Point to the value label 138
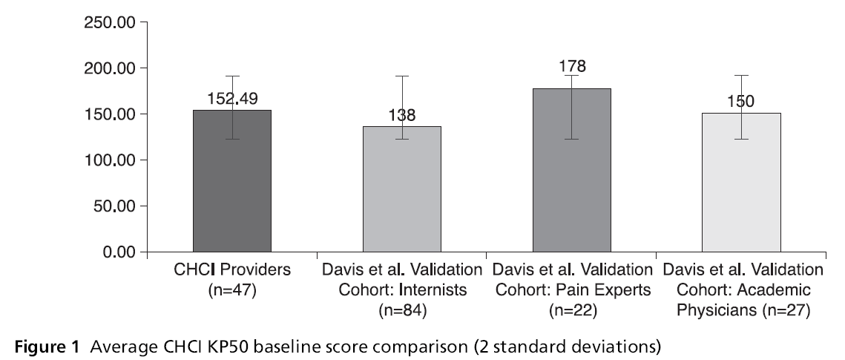tap(402, 116)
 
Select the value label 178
tap(572, 66)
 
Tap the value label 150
tap(740, 102)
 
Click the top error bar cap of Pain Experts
tap(571, 76)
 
